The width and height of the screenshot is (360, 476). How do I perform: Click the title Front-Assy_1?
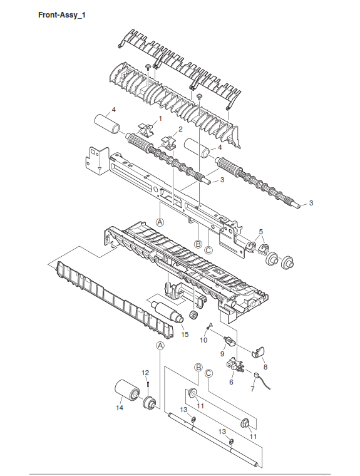click(x=61, y=15)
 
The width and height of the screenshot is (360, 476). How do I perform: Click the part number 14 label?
click(x=120, y=408)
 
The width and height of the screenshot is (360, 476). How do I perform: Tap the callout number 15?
click(x=185, y=334)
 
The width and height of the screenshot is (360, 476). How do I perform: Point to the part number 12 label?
click(x=145, y=373)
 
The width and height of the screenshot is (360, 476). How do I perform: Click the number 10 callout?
click(x=203, y=339)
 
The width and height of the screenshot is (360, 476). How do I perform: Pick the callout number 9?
click(x=222, y=354)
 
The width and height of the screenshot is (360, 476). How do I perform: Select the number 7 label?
click(x=252, y=388)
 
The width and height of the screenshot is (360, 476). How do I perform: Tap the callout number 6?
click(x=231, y=382)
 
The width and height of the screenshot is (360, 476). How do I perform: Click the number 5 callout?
click(x=261, y=232)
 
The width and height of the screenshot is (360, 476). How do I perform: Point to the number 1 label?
click(x=160, y=118)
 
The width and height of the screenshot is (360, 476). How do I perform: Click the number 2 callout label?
click(x=180, y=129)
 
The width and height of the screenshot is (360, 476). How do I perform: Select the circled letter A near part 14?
click(x=160, y=346)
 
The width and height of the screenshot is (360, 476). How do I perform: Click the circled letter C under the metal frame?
click(x=208, y=251)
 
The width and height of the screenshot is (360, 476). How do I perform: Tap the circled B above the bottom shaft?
click(x=198, y=368)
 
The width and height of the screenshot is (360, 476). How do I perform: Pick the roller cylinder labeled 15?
click(x=168, y=312)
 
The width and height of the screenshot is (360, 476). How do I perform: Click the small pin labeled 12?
click(x=148, y=384)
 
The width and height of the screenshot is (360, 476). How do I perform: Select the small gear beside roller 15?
click(x=192, y=316)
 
